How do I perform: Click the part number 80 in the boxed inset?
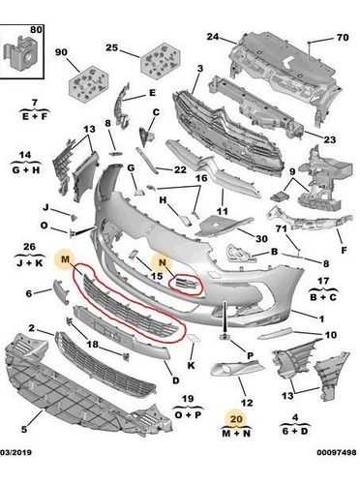(x=36, y=30)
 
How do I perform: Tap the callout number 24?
(x=213, y=37)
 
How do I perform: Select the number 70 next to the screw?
(x=343, y=38)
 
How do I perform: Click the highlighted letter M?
(x=65, y=258)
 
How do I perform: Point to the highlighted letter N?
(x=163, y=262)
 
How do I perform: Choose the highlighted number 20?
(x=236, y=419)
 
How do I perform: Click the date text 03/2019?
(x=15, y=453)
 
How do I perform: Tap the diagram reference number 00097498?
(x=337, y=453)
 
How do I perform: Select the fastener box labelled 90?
(x=88, y=82)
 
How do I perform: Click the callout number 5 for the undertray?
(x=24, y=429)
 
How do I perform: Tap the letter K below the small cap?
(x=192, y=365)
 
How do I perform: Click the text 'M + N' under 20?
(x=236, y=433)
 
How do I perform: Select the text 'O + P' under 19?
(x=189, y=414)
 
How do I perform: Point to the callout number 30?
(x=261, y=239)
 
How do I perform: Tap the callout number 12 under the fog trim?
(x=247, y=403)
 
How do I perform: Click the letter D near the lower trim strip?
(x=175, y=380)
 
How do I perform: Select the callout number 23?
(x=330, y=139)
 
